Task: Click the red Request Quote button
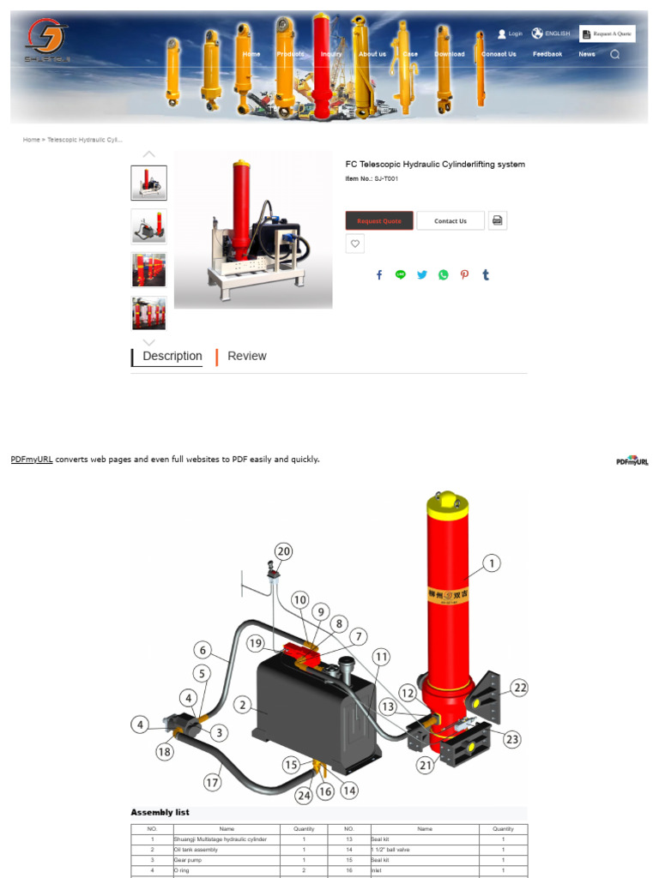[379, 221]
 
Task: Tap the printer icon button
[498, 220]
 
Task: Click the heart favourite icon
[355, 244]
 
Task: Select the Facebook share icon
[379, 275]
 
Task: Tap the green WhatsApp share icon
[443, 275]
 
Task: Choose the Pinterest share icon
[464, 275]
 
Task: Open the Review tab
[246, 357]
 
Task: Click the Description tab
[172, 357]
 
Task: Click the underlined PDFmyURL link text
[32, 460]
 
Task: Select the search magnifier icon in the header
[614, 54]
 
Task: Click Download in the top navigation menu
[450, 54]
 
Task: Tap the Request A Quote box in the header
[608, 34]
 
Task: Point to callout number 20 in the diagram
[283, 551]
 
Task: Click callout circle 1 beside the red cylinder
[491, 563]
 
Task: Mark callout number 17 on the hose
[212, 782]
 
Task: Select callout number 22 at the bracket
[519, 687]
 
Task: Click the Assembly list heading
[160, 813]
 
